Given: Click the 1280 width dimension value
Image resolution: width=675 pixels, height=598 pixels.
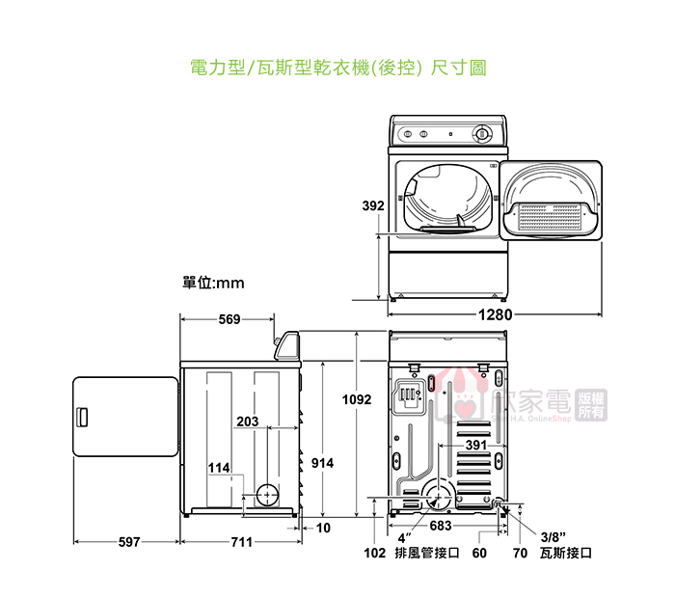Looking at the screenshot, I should tap(493, 314).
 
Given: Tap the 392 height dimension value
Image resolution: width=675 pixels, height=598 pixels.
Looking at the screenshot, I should tap(373, 205).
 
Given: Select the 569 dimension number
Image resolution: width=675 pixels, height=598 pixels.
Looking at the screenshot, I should tap(229, 319).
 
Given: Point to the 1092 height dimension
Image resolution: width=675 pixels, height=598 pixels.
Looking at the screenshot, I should tap(357, 399).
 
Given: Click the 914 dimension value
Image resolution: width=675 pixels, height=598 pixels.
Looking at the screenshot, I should tap(322, 464).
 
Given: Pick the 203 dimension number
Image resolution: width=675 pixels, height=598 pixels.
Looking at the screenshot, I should tap(247, 421).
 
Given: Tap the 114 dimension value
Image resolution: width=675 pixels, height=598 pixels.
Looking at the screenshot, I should tap(219, 468).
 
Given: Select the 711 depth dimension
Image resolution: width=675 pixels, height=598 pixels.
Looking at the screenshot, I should tap(241, 542).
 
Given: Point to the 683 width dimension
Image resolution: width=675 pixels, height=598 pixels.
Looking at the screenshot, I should tap(441, 526).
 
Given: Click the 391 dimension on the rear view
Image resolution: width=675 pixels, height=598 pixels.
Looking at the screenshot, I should tap(475, 446).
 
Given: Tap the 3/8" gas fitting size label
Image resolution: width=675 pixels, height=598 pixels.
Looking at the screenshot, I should tap(553, 536).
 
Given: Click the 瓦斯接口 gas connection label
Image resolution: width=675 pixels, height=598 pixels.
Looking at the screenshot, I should tap(566, 554).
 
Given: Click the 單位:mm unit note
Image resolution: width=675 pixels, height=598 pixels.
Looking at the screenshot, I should tap(213, 283).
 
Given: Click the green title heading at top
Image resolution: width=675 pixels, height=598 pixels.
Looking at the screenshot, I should tap(337, 68).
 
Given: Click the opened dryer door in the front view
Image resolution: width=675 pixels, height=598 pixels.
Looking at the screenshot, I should tap(553, 204).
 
